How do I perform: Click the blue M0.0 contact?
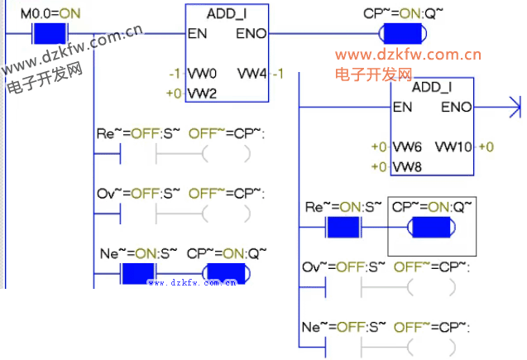pos(50,35)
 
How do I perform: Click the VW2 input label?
pos(202,93)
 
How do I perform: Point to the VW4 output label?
pos(252,74)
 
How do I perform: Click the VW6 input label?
pos(407,147)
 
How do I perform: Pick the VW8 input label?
pos(407,167)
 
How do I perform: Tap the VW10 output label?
pos(453,147)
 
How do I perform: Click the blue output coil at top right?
pos(401,35)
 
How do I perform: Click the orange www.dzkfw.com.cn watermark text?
pos(408,55)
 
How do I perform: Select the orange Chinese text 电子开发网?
pos(373,74)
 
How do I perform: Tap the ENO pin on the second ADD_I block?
pos(456,108)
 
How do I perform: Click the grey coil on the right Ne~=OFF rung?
pos(431,348)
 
